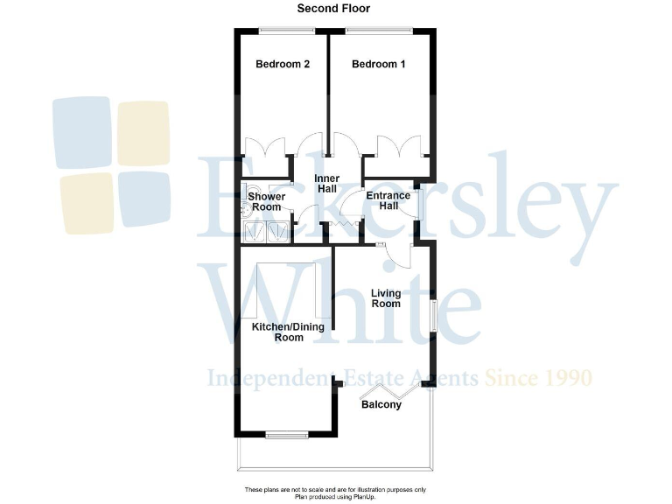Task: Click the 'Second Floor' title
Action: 333,9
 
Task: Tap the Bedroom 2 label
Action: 282,64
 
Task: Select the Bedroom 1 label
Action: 378,64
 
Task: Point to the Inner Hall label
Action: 326,183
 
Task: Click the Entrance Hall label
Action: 381,200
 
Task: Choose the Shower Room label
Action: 266,202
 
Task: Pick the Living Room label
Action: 385,298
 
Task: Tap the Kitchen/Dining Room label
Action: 288,332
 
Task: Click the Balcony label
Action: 381,405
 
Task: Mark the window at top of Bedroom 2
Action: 287,31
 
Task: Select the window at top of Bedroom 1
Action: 378,31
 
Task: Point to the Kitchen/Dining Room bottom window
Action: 286,434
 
